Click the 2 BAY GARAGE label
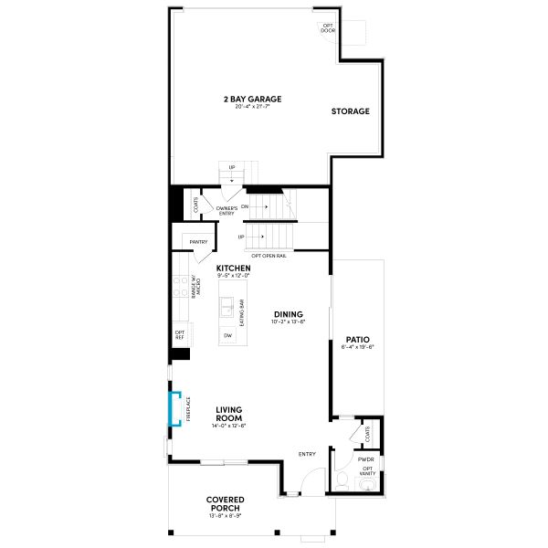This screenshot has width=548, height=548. pyautogui.click(x=252, y=98)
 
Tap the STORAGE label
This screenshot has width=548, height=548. pyautogui.click(x=351, y=111)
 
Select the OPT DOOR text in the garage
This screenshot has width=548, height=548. pyautogui.click(x=328, y=28)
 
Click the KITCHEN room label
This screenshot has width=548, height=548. pyautogui.click(x=233, y=269)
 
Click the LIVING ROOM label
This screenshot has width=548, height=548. pyautogui.click(x=229, y=414)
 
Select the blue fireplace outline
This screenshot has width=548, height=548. pyautogui.click(x=171, y=409)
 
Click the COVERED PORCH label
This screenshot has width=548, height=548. pyautogui.click(x=226, y=503)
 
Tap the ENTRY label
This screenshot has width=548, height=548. pyautogui.click(x=308, y=454)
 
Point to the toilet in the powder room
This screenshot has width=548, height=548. pyautogui.click(x=342, y=479)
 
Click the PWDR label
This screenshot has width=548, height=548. pyautogui.click(x=366, y=459)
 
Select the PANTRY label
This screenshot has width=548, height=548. pyautogui.click(x=199, y=242)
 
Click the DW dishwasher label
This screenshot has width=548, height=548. pyautogui.click(x=227, y=335)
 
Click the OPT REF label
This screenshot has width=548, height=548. pyautogui.click(x=180, y=335)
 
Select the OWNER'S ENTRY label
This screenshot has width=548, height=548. pyautogui.click(x=227, y=211)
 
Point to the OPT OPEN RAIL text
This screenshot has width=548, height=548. pyautogui.click(x=269, y=257)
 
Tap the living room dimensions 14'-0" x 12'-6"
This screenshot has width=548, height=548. pyautogui.click(x=229, y=427)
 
